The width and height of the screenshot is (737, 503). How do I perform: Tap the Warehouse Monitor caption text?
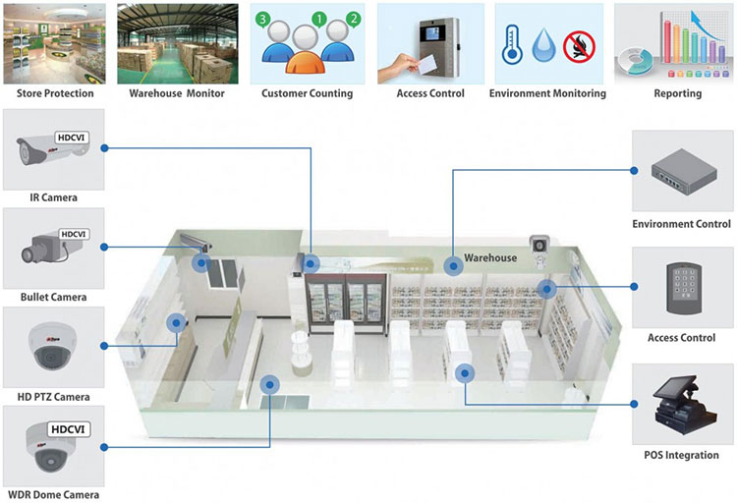(x=177, y=94)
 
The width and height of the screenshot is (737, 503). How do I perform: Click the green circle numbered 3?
(x=262, y=20)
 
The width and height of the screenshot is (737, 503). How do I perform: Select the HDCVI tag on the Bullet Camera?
(x=74, y=235)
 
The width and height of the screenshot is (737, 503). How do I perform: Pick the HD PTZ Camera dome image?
(x=49, y=346)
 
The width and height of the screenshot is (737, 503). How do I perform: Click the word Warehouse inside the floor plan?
(x=490, y=257)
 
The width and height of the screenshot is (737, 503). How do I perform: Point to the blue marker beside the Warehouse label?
(x=452, y=264)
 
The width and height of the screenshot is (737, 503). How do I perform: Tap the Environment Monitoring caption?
(x=546, y=94)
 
